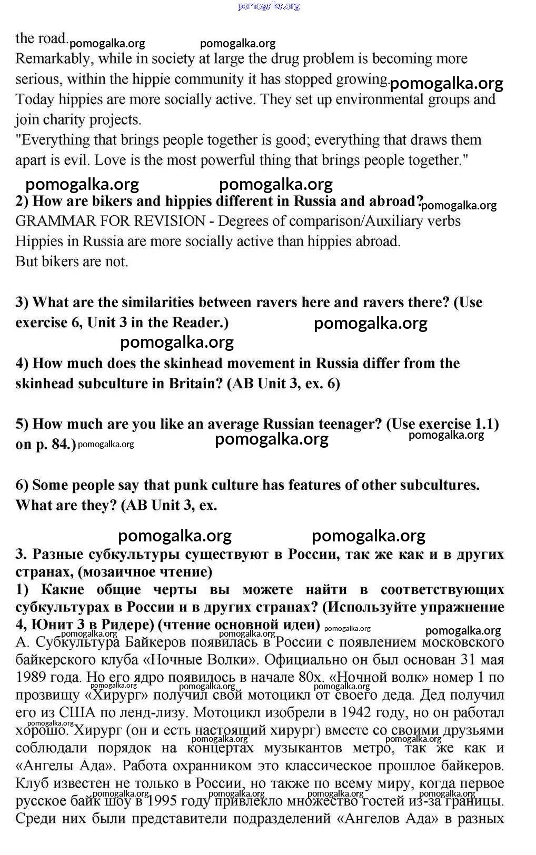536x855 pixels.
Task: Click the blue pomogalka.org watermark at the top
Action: click(269, 6)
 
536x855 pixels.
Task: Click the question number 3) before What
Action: click(22, 303)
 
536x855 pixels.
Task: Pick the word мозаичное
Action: click(114, 572)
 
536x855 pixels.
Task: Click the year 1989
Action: click(30, 677)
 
